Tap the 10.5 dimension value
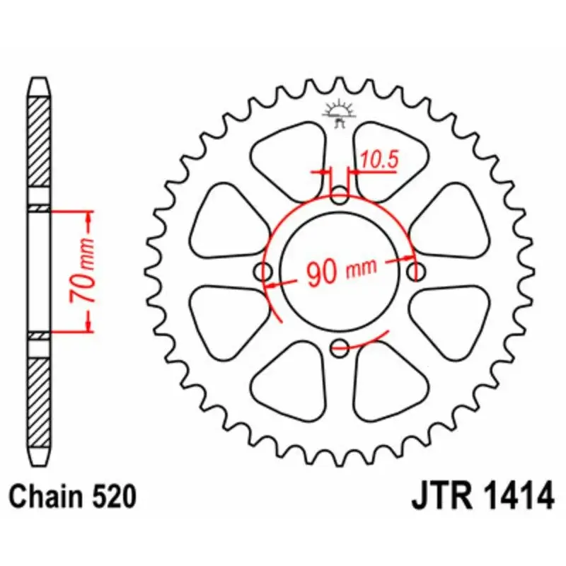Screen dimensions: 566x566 point(379,161)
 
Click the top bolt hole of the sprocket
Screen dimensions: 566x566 point(341,196)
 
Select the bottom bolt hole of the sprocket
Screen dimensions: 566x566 point(340,347)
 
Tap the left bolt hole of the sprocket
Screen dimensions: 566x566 point(265,272)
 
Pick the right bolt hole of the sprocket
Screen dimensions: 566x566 point(417,270)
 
